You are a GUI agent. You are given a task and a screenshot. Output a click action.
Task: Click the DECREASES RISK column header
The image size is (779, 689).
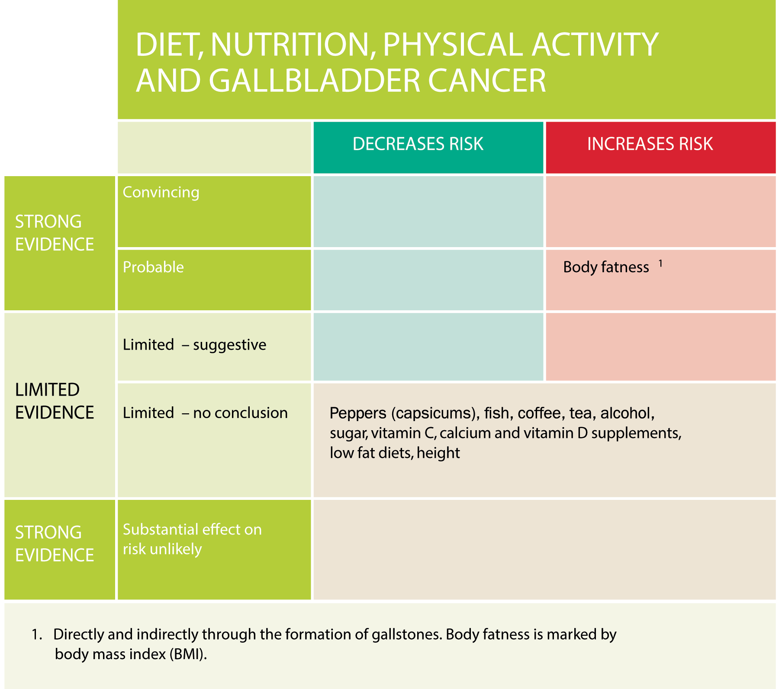(418, 144)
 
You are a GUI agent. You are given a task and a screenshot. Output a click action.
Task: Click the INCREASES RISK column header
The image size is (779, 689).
(650, 144)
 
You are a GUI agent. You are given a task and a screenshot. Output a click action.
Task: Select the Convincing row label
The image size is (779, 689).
(161, 193)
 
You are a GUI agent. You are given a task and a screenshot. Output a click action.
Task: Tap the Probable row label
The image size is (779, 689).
(153, 267)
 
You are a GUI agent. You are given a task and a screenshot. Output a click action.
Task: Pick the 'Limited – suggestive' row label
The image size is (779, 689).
(194, 345)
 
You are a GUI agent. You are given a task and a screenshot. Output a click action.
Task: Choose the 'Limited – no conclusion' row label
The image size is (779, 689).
(205, 413)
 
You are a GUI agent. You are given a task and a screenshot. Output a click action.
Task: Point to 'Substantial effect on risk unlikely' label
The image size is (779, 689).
(192, 539)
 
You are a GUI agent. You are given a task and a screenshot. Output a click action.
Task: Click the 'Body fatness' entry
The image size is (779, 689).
(606, 267)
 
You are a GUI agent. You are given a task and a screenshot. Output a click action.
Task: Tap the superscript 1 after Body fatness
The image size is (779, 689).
(660, 263)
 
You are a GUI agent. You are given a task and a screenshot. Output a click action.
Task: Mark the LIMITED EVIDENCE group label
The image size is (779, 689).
(55, 401)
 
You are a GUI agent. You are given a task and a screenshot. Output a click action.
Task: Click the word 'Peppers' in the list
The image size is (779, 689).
(358, 414)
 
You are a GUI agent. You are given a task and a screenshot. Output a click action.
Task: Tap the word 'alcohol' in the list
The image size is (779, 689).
(627, 414)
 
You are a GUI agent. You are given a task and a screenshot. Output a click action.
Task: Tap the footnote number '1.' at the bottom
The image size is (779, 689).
(37, 634)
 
